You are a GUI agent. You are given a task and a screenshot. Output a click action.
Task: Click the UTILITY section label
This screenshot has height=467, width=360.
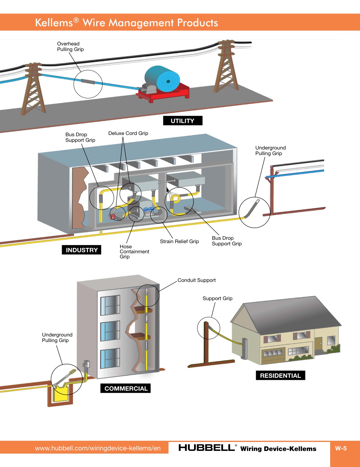pos(182,121)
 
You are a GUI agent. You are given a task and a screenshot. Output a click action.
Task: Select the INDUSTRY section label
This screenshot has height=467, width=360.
pos(81,250)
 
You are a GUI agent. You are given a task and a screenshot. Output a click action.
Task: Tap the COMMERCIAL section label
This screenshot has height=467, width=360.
pos(126,388)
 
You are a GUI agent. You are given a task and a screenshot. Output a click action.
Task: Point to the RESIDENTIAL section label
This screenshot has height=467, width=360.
pos(280,375)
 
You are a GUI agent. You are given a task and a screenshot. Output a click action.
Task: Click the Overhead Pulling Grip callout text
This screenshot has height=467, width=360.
pos(70,47)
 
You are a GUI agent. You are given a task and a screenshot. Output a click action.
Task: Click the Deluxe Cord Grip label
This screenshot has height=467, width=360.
pos(128,133)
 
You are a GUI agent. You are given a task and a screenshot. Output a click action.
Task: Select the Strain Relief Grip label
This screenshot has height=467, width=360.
pos(179,241)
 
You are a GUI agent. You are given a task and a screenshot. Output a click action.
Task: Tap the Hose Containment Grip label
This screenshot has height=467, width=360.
pos(134,251)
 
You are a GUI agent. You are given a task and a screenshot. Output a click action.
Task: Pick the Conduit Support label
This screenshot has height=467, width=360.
pos(196,280)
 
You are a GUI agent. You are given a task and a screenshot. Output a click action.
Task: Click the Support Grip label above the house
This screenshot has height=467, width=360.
pos(217,298)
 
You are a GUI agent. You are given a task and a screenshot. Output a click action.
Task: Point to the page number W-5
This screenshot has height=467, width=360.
pos(341,448)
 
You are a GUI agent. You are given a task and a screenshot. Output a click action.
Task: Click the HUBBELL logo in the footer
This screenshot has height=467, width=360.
pos(207,448)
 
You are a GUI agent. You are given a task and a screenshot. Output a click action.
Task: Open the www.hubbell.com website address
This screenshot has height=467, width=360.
pos(98,448)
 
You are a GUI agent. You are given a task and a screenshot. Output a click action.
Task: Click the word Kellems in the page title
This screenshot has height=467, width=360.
pos(54,23)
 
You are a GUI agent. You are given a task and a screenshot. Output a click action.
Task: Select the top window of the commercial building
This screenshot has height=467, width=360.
pos(110,305)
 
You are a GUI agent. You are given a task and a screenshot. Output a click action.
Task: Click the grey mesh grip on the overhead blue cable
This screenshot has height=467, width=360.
pos(88,81)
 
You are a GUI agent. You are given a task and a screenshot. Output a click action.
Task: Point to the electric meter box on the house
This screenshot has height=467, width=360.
pos(245,348)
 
